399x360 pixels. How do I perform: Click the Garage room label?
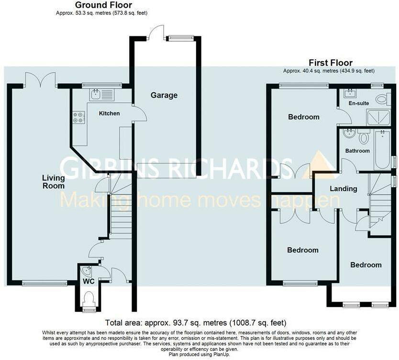(164, 95)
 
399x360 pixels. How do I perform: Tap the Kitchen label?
(109, 113)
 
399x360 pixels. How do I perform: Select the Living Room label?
(53, 182)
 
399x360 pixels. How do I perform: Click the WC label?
(89, 282)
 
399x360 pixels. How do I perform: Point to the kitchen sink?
(101, 95)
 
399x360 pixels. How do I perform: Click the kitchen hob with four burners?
(78, 117)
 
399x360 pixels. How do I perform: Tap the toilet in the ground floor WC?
(89, 298)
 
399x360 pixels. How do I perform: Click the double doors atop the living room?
(40, 79)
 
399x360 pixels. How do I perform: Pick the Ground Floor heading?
(103, 5)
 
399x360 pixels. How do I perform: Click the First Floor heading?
(331, 63)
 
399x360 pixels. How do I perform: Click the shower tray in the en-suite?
(377, 117)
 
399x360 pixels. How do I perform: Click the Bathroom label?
(357, 151)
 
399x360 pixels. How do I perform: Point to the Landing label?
(343, 188)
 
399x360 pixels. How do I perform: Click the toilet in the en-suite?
(382, 99)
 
